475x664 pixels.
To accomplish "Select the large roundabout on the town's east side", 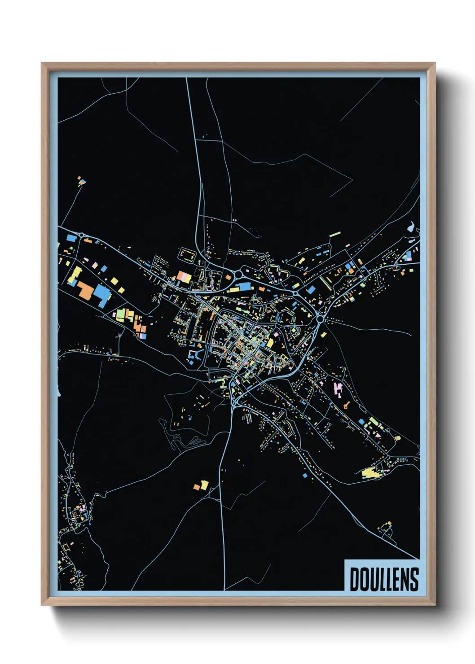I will pos(321,319).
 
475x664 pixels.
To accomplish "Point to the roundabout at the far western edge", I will pos(81,235).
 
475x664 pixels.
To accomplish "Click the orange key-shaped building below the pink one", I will pos(347,405).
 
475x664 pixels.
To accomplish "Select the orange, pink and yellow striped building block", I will pos(184,277).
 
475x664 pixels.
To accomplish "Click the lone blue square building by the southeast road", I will pos(305,475).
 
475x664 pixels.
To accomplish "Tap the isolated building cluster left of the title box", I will pos(385,528).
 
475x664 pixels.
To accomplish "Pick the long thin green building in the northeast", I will pos(335,234).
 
